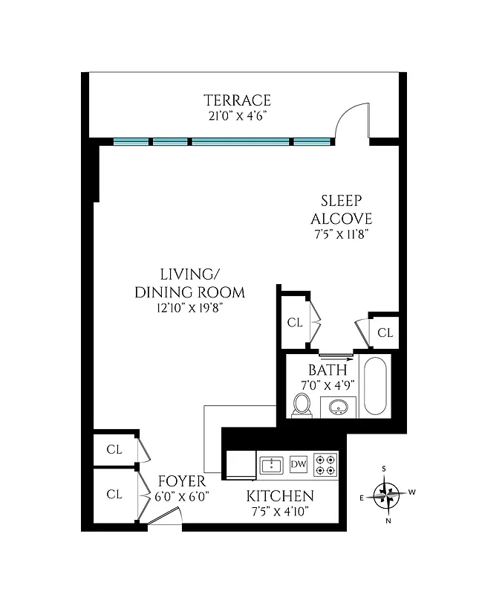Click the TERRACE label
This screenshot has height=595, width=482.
click(238, 100)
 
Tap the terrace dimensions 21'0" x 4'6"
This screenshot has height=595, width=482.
click(238, 116)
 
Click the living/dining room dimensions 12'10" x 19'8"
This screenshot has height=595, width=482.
click(189, 308)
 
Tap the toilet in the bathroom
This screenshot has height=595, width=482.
click(302, 405)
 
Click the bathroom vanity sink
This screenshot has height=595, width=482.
click(339, 407)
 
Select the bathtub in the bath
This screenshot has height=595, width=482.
click(374, 387)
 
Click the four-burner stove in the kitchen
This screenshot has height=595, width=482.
click(325, 465)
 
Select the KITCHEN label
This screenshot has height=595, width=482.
click(280, 496)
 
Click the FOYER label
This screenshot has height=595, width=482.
click(182, 481)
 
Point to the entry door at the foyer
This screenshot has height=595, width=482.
click(165, 518)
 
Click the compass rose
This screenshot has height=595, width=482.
click(387, 494)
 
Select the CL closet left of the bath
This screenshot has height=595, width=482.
click(295, 323)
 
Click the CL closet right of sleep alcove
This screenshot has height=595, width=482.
click(385, 332)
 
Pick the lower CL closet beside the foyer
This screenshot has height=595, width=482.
click(114, 494)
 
